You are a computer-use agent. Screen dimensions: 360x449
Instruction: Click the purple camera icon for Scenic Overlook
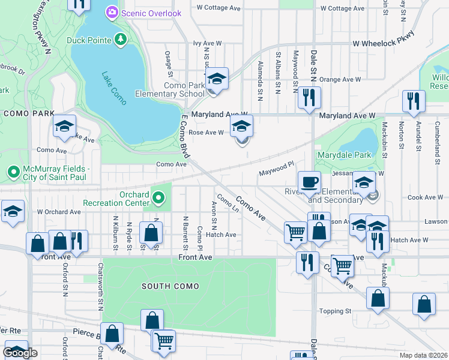click(112, 12)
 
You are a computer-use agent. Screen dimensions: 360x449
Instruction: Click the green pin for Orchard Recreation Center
click(158, 197)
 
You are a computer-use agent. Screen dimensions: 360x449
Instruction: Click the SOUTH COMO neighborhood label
click(170, 286)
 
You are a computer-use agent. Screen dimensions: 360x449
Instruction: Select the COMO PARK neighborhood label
click(29, 113)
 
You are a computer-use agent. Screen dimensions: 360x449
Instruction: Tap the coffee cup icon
click(310, 181)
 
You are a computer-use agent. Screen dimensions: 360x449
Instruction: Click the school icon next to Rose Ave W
click(241, 127)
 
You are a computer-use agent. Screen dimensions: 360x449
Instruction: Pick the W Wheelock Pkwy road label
click(384, 43)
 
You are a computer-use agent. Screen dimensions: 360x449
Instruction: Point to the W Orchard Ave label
click(59, 212)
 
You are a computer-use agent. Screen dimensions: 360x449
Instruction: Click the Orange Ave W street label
click(340, 79)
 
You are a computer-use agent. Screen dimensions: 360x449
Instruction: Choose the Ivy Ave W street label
click(207, 44)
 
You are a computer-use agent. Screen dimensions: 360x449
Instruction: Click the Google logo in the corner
click(21, 353)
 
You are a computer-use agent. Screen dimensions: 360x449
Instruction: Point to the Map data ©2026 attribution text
click(423, 355)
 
